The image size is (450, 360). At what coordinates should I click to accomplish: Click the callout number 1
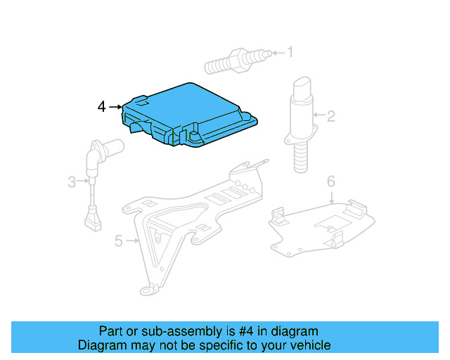[x=290, y=51]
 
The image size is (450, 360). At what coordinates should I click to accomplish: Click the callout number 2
[x=330, y=116]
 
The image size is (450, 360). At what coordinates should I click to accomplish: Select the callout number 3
[x=72, y=183]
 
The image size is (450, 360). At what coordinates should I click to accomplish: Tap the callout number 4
[x=102, y=107]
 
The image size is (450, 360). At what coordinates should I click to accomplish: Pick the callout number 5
[x=118, y=242]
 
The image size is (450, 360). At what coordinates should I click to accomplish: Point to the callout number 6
[x=330, y=182]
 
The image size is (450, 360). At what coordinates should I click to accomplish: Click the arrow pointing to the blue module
[x=115, y=107]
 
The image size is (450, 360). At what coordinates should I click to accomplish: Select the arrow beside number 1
[x=276, y=51]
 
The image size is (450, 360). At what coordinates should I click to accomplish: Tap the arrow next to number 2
[x=318, y=115]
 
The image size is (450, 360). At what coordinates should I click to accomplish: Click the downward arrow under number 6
[x=330, y=197]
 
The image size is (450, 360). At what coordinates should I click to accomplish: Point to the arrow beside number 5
[x=132, y=241]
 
